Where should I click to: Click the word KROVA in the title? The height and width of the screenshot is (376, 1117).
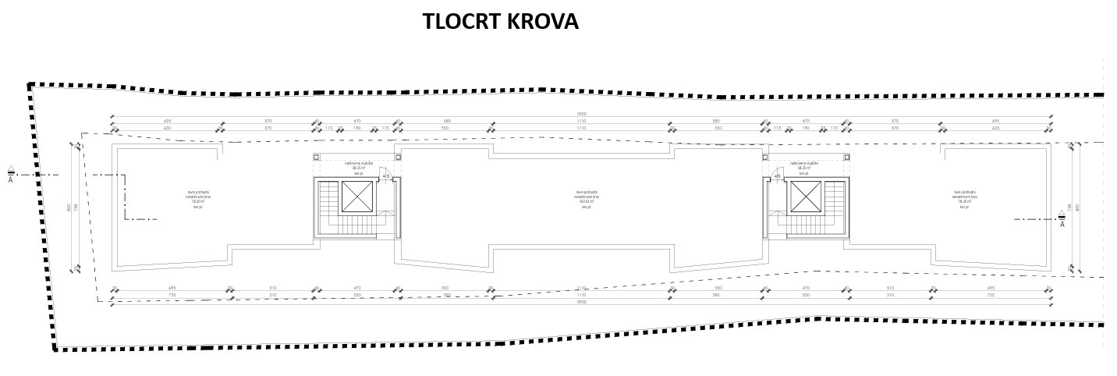(543, 22)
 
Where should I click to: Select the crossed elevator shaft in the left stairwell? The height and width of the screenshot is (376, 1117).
(356, 199)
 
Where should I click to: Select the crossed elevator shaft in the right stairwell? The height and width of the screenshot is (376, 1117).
(805, 199)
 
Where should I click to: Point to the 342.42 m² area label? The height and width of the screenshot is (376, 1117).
(586, 202)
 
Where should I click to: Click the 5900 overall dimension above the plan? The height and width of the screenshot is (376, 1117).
(581, 115)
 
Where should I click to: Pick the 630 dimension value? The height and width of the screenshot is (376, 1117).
(167, 128)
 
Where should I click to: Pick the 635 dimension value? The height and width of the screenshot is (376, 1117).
(995, 128)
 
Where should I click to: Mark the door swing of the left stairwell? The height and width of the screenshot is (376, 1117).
(386, 176)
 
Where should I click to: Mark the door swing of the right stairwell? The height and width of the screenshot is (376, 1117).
(776, 176)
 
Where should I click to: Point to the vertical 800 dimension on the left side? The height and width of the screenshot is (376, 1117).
(69, 208)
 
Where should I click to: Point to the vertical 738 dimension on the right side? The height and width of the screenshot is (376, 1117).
(1071, 208)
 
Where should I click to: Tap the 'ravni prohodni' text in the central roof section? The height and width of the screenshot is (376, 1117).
(587, 192)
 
